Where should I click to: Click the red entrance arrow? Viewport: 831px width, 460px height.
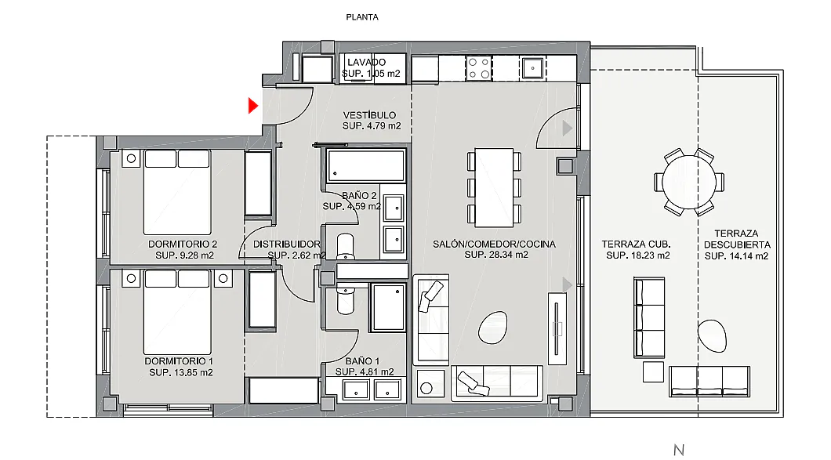click(x=252, y=106)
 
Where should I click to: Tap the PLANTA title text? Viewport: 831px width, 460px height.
click(x=362, y=17)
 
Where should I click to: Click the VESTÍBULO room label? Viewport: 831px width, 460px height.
click(x=369, y=115)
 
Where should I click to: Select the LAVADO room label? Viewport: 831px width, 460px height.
click(x=367, y=62)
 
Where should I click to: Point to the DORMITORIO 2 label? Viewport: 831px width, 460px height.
click(x=183, y=244)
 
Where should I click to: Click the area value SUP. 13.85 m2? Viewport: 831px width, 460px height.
click(x=181, y=372)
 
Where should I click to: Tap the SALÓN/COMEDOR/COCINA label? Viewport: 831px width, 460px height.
click(x=494, y=244)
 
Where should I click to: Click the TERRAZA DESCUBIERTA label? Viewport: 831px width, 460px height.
click(x=737, y=239)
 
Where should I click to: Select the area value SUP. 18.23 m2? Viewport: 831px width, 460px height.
click(x=637, y=255)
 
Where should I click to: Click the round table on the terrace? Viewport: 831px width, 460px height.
click(x=688, y=182)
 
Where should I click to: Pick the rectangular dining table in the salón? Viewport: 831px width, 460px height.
click(x=494, y=187)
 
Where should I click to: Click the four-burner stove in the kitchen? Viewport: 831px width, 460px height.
click(x=478, y=68)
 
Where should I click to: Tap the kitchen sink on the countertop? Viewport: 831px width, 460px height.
click(x=532, y=68)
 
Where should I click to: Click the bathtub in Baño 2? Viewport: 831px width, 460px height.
click(x=365, y=166)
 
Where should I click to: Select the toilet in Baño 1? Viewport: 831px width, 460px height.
click(x=346, y=299)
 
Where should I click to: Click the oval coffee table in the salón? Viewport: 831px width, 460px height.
click(x=493, y=328)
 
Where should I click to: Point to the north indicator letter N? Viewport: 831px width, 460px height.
click(x=679, y=450)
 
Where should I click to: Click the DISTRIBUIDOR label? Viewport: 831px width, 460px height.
click(x=287, y=244)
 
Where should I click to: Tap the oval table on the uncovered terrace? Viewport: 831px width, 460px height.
click(x=712, y=335)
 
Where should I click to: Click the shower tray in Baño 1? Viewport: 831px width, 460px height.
click(x=389, y=307)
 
